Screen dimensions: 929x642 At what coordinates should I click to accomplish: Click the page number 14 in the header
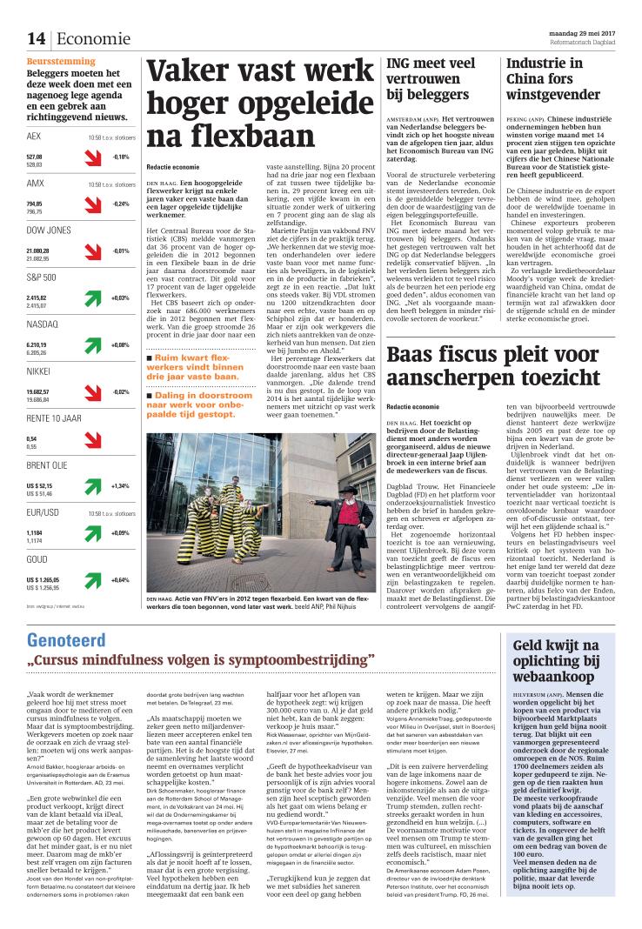(36, 39)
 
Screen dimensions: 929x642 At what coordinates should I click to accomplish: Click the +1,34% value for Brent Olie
(120, 486)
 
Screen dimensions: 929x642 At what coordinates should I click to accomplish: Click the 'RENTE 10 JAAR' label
(54, 418)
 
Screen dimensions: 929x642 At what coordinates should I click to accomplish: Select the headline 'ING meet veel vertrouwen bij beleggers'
(431, 79)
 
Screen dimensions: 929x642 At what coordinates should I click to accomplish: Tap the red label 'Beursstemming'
(59, 63)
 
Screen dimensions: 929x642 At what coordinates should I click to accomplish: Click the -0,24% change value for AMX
(120, 204)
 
